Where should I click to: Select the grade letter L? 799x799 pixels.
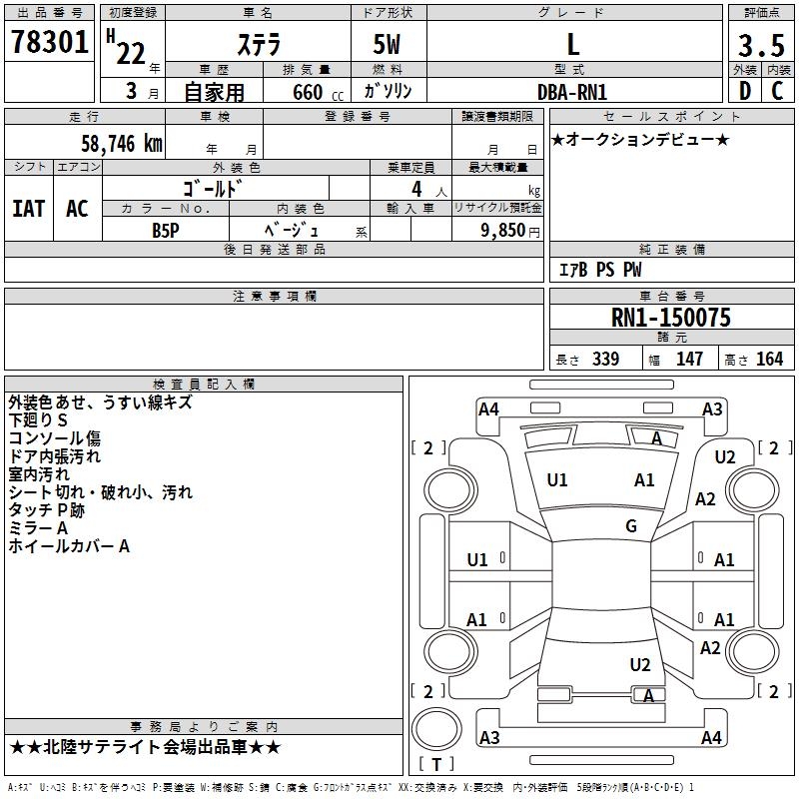click(572, 44)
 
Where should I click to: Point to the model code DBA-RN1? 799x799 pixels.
click(572, 91)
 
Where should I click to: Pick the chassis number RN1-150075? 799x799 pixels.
click(670, 318)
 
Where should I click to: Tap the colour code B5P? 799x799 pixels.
click(166, 230)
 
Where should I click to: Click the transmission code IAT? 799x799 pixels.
click(29, 209)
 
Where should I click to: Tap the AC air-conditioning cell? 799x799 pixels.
click(77, 209)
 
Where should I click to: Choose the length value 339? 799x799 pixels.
click(605, 359)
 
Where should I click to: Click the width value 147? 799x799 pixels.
click(689, 359)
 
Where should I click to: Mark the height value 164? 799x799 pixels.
click(769, 359)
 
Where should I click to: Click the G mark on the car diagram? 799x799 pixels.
click(631, 526)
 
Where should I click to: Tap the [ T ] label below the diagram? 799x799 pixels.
click(435, 764)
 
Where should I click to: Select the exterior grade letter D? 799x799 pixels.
click(744, 91)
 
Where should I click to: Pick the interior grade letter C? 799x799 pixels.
click(777, 91)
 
